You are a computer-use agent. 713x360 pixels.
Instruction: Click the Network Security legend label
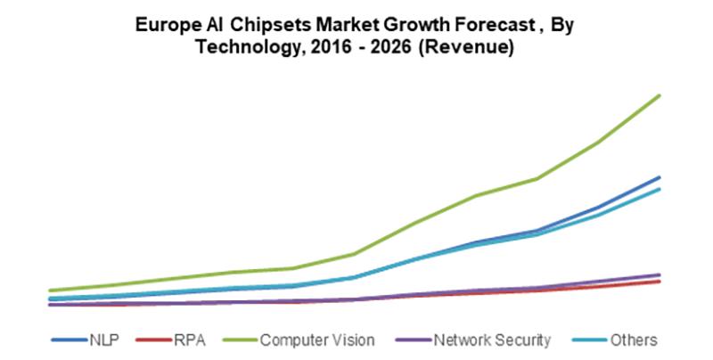coord(492,340)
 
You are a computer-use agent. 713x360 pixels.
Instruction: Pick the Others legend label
coord(634,340)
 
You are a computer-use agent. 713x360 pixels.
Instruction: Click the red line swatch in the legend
coord(153,340)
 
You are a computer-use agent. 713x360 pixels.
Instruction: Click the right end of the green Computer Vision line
coord(660,95)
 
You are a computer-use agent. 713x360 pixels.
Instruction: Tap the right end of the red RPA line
coord(660,282)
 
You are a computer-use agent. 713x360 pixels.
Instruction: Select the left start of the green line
coord(51,290)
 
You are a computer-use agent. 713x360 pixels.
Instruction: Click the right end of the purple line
coord(660,274)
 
